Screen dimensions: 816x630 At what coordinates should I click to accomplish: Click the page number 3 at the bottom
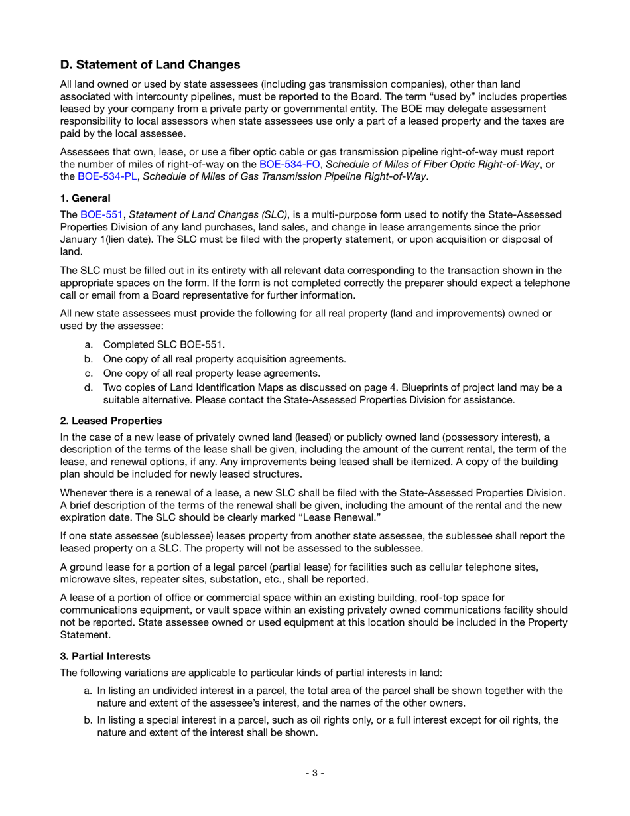(314, 773)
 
